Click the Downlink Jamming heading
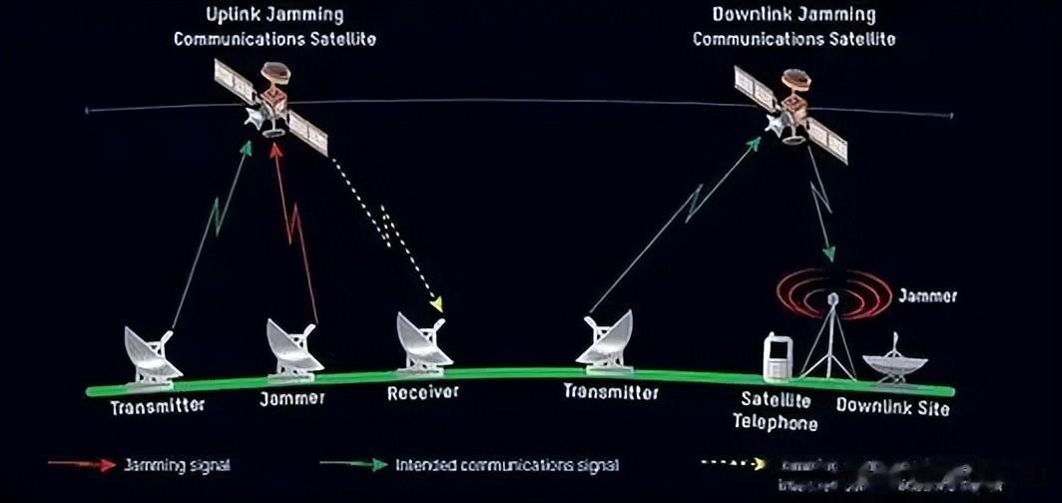click(x=794, y=15)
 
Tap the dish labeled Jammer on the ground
click(x=294, y=350)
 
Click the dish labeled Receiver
click(x=424, y=343)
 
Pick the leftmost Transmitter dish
click(x=151, y=354)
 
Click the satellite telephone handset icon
click(x=777, y=357)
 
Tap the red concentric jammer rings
click(x=834, y=293)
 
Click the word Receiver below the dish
click(x=423, y=392)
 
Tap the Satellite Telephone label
click(x=775, y=411)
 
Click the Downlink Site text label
click(x=892, y=406)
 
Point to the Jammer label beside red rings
click(x=927, y=296)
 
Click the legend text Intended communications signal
click(x=507, y=465)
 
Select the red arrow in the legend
click(x=81, y=465)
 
